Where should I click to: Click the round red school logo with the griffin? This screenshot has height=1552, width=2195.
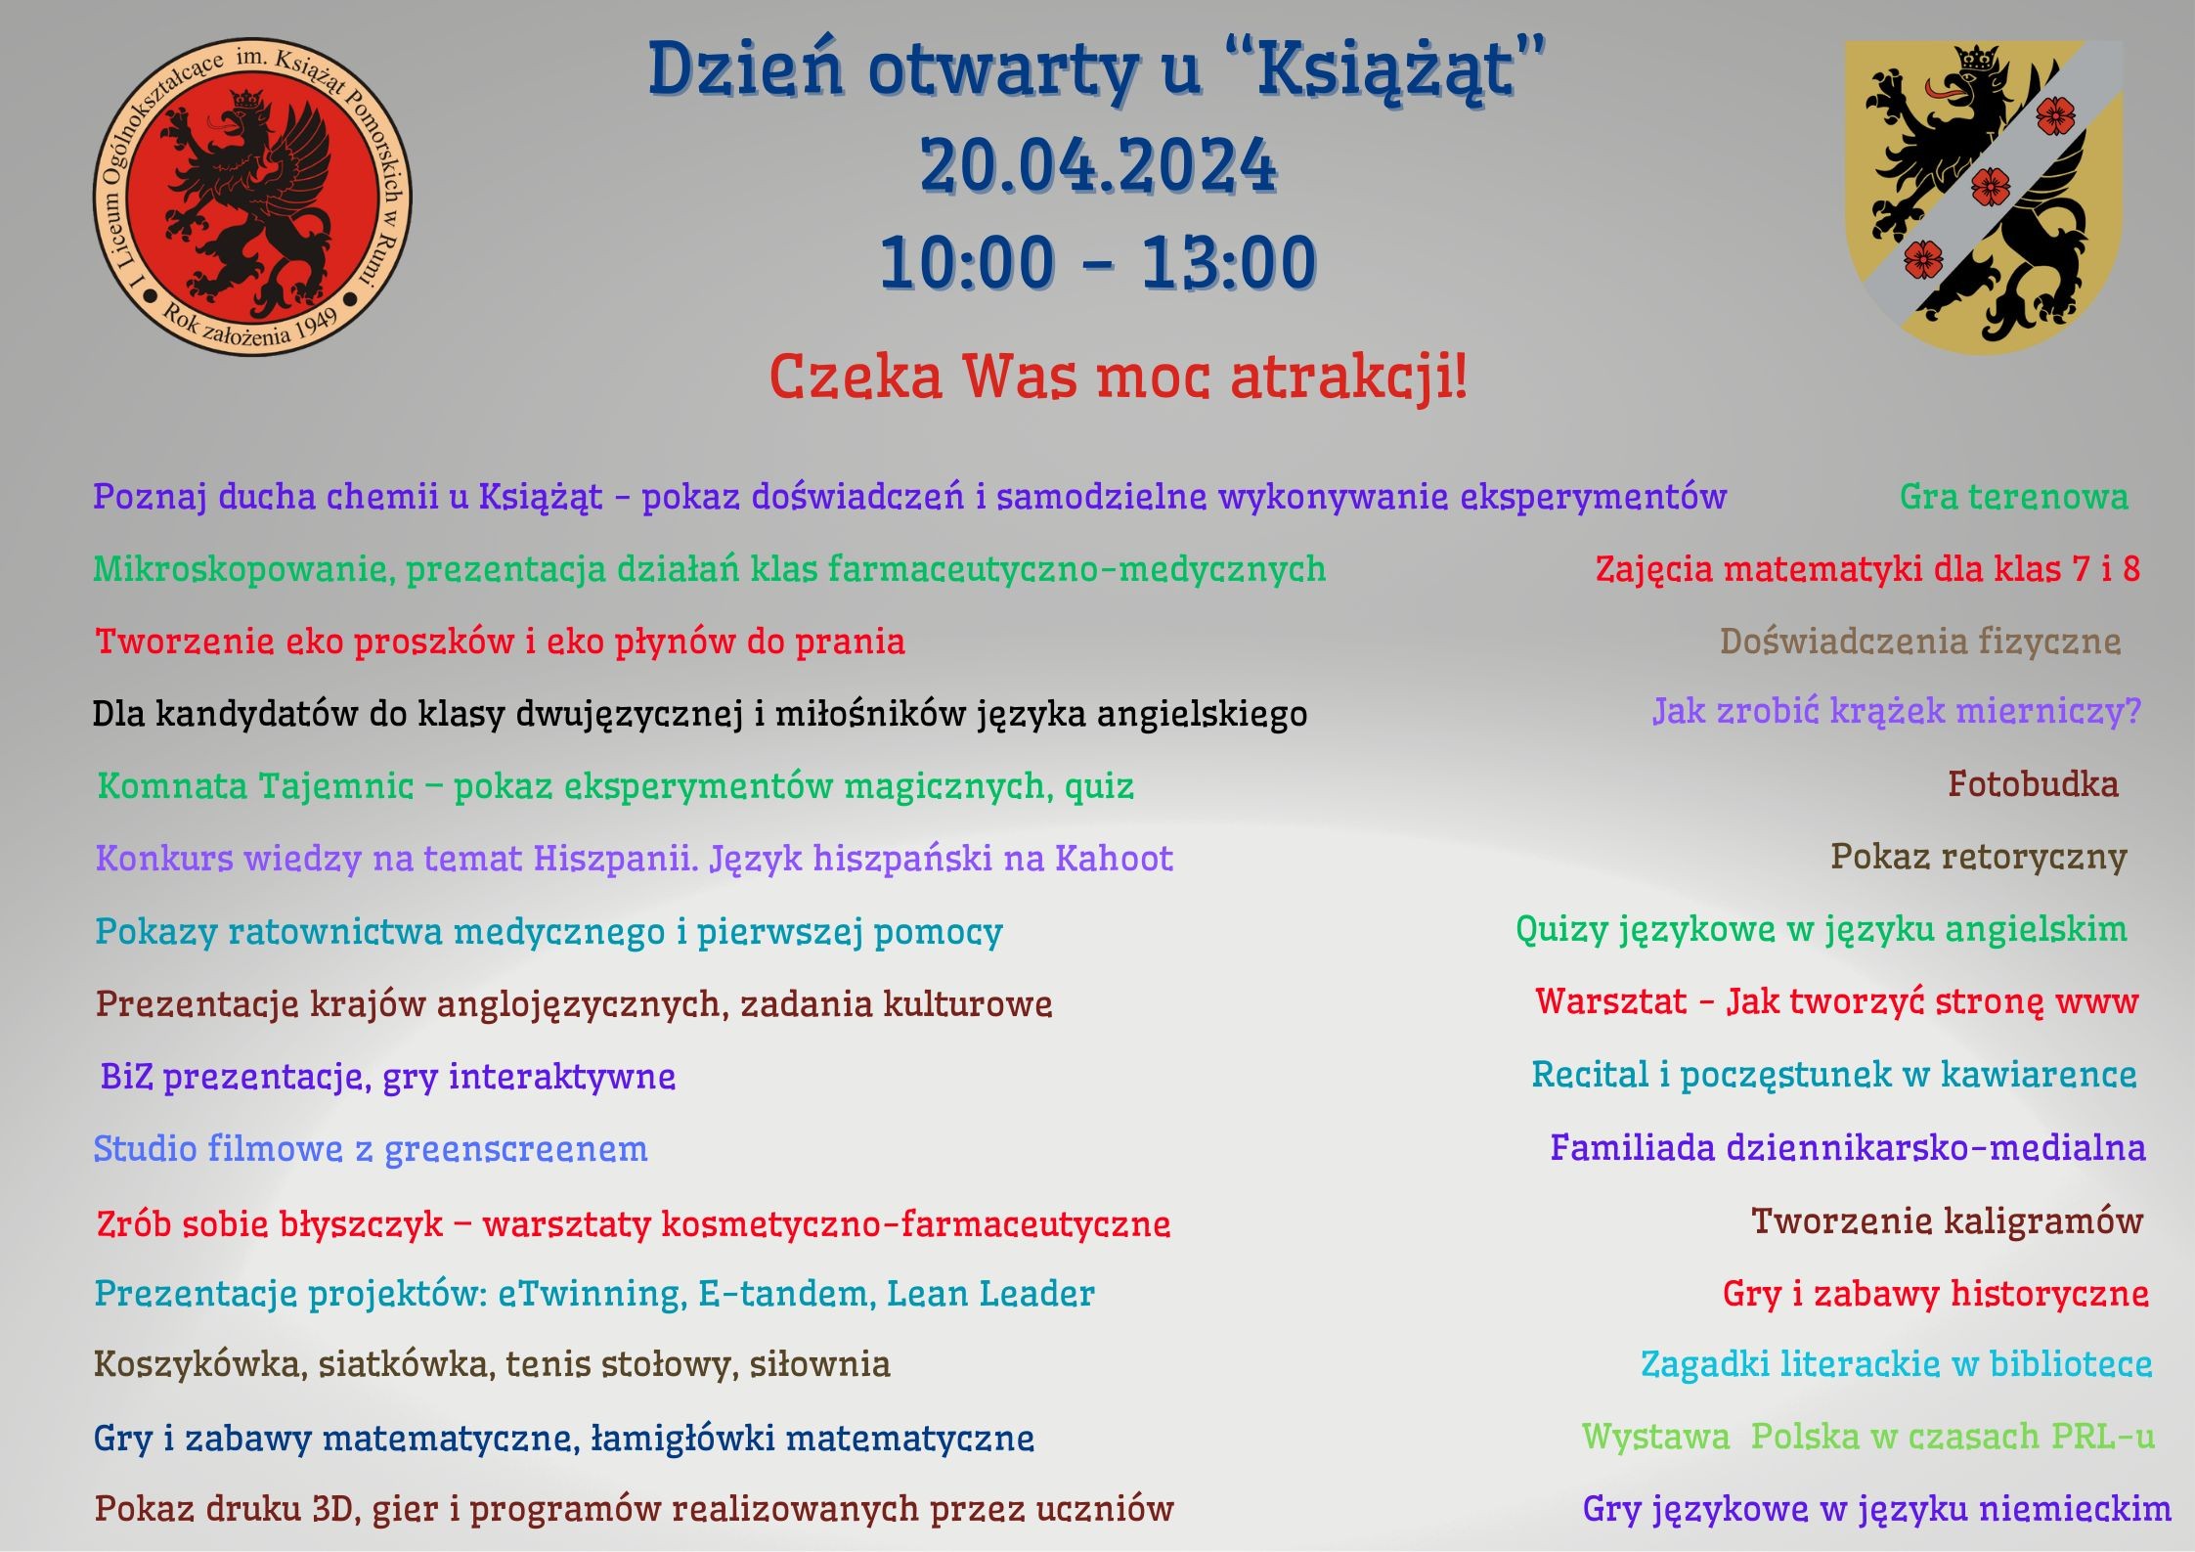pos(252,197)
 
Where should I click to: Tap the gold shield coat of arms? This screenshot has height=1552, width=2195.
pos(1984,197)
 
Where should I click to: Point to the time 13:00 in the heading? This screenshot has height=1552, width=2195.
pos(1228,262)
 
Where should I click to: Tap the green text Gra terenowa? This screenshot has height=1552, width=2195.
pos(2014,497)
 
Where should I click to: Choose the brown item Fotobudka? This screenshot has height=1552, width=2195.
pos(2033,784)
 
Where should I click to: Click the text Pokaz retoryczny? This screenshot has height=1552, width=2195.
pos(1979,858)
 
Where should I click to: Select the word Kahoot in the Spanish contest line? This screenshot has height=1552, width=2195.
pos(1114,859)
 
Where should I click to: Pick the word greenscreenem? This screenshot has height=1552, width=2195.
pos(515,1149)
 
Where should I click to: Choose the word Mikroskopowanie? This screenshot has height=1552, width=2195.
pos(243,570)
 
